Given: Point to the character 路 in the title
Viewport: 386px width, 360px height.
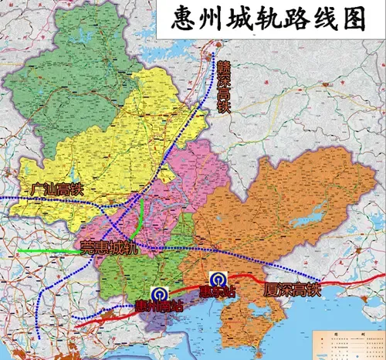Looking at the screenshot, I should point(296,19).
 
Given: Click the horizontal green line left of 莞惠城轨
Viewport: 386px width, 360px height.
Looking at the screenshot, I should point(46,251).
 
